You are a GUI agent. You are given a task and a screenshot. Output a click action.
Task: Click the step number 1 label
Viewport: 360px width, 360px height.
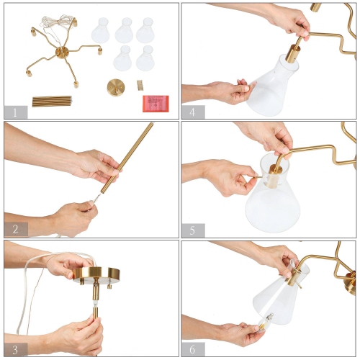15,112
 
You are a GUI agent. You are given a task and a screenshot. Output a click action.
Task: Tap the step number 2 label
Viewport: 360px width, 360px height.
15,230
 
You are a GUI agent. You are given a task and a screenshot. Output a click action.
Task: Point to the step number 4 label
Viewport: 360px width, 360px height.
193,112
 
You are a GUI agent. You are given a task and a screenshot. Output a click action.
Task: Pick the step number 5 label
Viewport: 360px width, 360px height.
193,230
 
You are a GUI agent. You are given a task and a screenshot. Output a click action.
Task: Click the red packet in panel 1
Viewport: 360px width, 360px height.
155,103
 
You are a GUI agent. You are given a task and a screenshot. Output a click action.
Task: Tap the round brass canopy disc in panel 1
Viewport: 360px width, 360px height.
116,87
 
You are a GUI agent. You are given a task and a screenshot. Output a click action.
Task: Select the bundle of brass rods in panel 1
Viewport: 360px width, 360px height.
52,102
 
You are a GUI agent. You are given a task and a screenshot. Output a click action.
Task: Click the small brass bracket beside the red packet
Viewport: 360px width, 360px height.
140,85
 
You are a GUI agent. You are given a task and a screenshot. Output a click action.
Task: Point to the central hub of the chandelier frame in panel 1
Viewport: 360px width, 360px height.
62,53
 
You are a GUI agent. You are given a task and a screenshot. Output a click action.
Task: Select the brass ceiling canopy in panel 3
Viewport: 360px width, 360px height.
96,274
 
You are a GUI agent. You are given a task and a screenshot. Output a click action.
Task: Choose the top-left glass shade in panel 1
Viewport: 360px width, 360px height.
101,31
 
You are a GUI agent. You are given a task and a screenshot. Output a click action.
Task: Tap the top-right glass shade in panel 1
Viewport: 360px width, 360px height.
146,30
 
